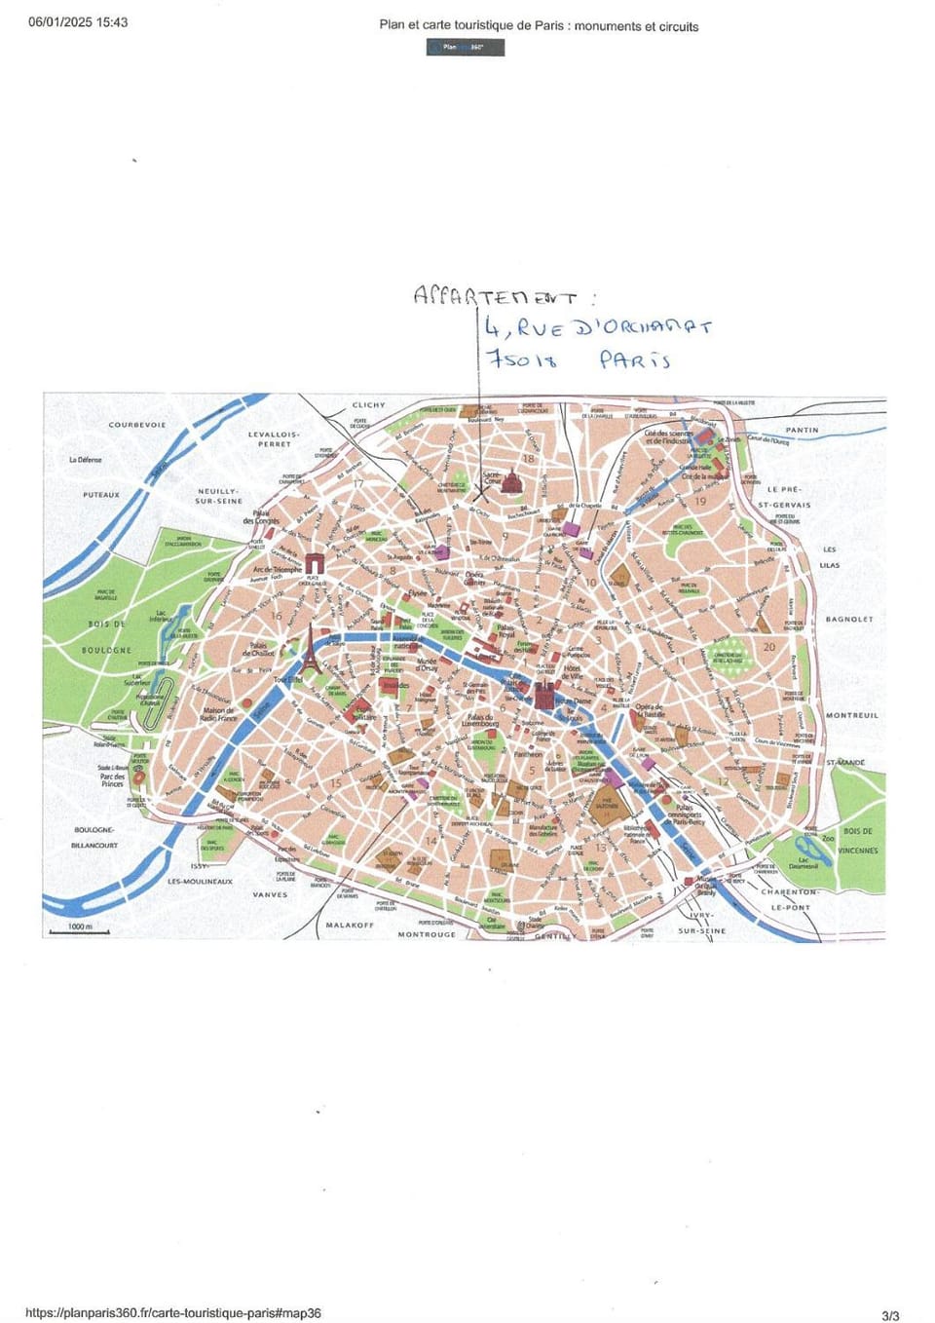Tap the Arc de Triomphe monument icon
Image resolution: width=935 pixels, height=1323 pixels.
[x=315, y=563]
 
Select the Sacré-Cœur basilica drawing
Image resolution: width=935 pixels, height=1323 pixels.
[x=509, y=482]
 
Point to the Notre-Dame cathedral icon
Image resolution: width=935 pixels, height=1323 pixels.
[x=543, y=696]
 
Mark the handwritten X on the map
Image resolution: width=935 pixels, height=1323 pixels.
[x=480, y=492]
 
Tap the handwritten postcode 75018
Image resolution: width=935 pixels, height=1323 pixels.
[x=522, y=359]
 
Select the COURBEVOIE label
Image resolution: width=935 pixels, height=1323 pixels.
[x=137, y=425]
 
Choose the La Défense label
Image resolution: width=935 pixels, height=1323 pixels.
[x=86, y=460]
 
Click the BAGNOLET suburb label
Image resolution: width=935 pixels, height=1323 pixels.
[x=849, y=620]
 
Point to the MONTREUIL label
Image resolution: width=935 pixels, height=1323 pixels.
[x=852, y=715]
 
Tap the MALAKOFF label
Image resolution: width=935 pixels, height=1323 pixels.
[x=350, y=925]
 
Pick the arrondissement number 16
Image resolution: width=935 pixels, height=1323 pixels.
[x=276, y=616]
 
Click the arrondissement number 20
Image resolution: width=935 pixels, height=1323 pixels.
[x=769, y=647]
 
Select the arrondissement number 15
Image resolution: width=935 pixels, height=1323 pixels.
[x=336, y=783]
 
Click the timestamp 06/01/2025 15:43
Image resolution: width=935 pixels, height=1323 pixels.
[x=78, y=22]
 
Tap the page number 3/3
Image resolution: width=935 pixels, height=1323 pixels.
[x=890, y=1315]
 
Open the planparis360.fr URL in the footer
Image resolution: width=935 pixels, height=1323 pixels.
[x=173, y=1313]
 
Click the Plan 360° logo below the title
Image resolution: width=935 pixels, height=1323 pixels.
[x=465, y=47]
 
